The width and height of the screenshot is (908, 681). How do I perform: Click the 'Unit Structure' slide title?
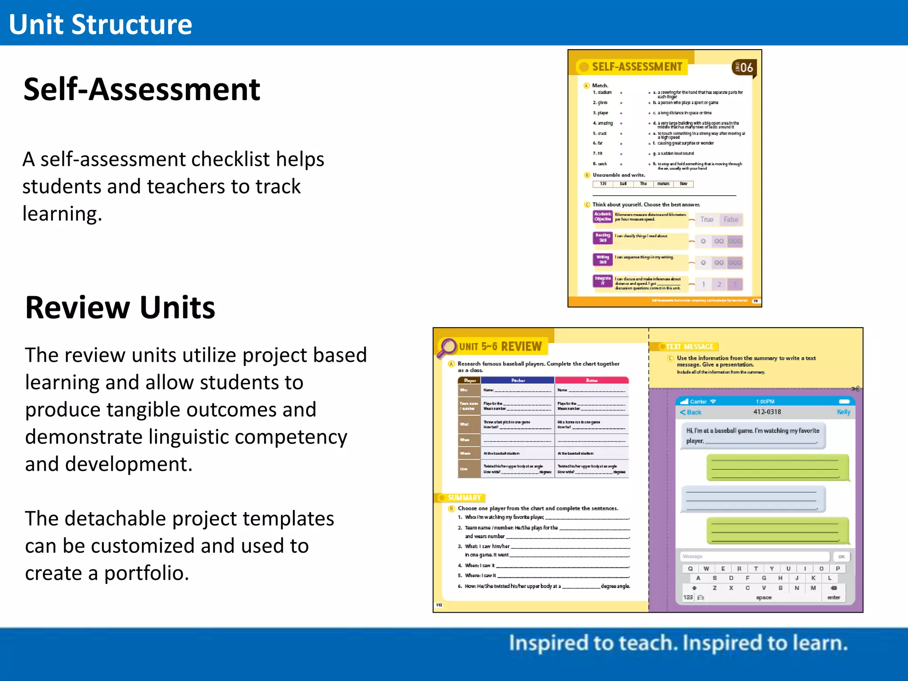click(x=100, y=24)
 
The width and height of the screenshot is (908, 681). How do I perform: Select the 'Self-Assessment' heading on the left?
click(x=141, y=90)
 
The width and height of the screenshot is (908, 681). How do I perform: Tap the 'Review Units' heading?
click(x=120, y=307)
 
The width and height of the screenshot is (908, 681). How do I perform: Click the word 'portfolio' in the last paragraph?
click(x=144, y=573)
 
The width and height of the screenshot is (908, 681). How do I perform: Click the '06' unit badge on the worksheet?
click(x=746, y=68)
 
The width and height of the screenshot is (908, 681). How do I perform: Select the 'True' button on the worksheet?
click(x=707, y=219)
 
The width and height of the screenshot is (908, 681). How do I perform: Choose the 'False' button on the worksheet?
click(x=731, y=219)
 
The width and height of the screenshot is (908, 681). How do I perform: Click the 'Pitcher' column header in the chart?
click(x=518, y=380)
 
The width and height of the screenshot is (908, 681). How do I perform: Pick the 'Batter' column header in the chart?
click(x=592, y=380)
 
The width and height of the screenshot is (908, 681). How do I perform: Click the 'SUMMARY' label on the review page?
click(x=464, y=497)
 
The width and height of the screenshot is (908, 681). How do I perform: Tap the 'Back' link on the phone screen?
click(x=691, y=412)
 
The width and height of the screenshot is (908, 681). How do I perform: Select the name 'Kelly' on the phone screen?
click(x=843, y=412)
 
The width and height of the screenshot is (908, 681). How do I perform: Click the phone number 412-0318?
click(x=767, y=412)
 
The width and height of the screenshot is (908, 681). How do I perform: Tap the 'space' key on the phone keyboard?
click(x=763, y=598)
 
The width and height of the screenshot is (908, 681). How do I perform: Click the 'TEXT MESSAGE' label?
click(x=689, y=347)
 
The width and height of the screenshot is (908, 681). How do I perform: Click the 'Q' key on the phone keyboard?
click(x=690, y=569)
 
